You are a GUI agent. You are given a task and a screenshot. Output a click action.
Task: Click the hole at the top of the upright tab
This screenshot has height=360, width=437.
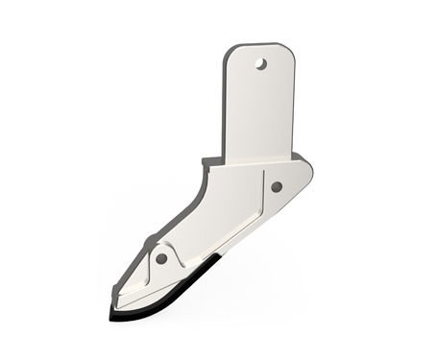pyautogui.click(x=259, y=64)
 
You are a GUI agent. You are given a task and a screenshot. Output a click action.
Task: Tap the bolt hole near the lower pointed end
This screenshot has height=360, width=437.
pyautogui.click(x=161, y=258)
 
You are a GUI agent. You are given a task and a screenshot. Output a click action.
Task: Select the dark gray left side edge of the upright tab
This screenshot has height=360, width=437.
pyautogui.click(x=224, y=106)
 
